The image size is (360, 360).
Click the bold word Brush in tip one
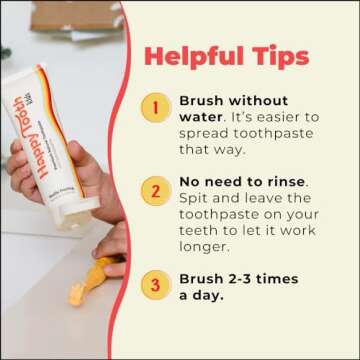201,101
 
